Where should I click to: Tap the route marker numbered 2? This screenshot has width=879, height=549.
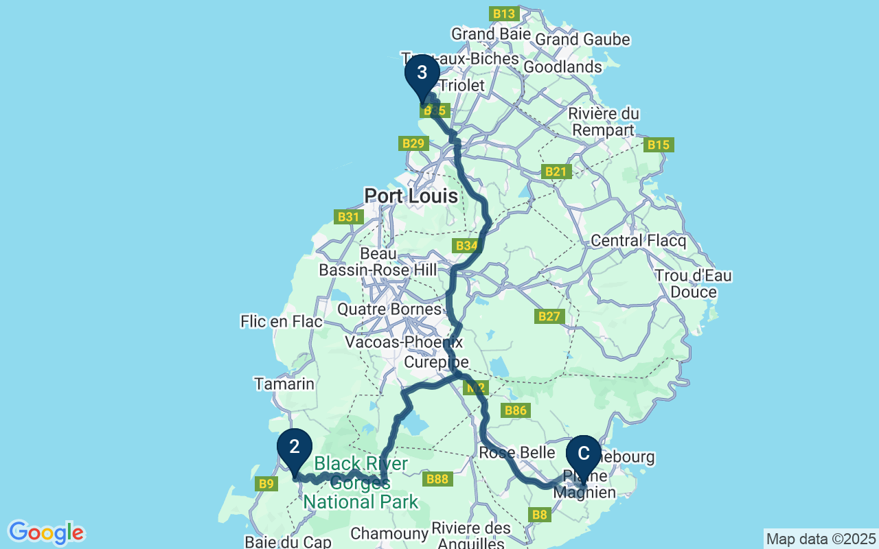[295, 447]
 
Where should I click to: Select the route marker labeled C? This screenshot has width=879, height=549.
[584, 454]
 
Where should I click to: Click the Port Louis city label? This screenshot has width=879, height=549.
[411, 196]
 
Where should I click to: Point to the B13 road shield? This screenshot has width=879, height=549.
[503, 14]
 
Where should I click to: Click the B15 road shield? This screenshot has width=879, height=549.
[659, 145]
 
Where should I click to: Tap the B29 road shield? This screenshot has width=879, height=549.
[413, 143]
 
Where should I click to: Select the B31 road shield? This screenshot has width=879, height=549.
[349, 217]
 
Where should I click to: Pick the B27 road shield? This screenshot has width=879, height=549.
[549, 316]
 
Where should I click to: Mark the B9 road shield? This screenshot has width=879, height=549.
[266, 484]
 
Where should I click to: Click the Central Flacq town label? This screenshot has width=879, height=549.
[638, 241]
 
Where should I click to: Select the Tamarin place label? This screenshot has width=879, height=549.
[284, 384]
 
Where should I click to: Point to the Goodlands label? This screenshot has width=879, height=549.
[562, 67]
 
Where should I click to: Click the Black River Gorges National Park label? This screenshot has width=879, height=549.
[361, 483]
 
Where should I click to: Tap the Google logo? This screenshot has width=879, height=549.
[46, 533]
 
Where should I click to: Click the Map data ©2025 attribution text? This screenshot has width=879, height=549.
[821, 539]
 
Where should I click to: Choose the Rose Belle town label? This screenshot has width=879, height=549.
[516, 453]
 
